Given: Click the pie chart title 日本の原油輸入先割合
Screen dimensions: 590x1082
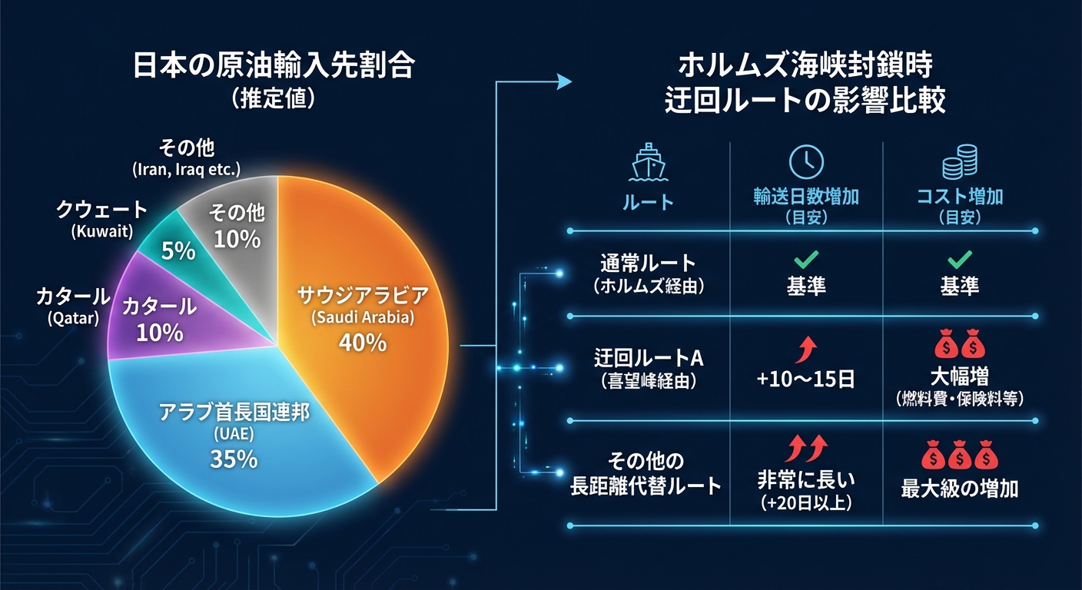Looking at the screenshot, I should pos(274,67).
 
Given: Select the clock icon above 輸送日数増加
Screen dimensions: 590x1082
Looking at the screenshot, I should pos(806,161).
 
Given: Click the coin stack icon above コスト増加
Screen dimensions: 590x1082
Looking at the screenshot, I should pos(959,164).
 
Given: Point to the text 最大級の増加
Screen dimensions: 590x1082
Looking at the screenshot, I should pos(959,489).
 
